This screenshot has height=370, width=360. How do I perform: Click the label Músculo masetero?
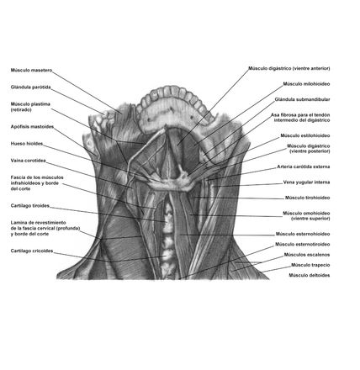tap(31, 70)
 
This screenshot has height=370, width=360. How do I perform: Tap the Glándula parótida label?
tap(31, 87)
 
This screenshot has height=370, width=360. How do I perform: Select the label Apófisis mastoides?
tap(32, 127)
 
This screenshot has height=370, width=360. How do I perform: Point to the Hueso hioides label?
tap(27, 144)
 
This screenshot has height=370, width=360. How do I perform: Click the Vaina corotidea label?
tap(28, 161)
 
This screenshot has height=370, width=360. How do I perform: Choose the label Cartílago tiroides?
tap(30, 206)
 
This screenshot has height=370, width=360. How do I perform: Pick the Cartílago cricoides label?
tap(32, 251)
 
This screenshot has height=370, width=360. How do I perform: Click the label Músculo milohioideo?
tap(306, 84)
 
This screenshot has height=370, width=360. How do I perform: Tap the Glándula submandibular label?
tap(302, 99)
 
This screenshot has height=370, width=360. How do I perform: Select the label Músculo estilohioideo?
tap(305, 135)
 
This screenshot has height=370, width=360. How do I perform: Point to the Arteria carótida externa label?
tap(304, 166)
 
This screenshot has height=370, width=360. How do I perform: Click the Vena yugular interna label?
tap(306, 182)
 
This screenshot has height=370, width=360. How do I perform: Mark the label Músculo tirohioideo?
tap(308, 198)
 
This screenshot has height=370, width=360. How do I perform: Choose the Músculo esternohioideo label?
tap(303, 234)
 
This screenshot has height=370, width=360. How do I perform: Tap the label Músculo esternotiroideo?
tap(303, 244)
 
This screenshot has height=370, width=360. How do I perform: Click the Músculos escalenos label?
tap(307, 255)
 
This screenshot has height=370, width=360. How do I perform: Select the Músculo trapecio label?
tap(310, 265)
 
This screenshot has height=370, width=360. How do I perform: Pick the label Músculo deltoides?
tap(310, 275)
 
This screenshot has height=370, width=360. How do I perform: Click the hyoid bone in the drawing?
tap(172, 184)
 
